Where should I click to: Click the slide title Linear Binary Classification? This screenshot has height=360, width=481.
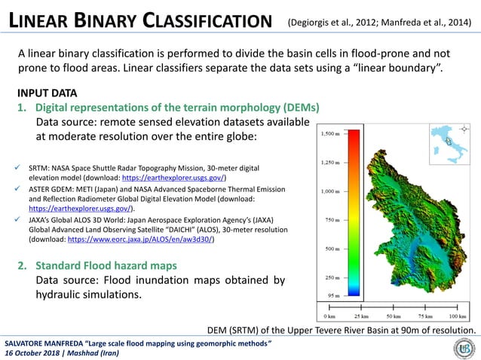coord(139,21)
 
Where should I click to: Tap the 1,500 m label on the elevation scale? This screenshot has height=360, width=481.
coord(329,133)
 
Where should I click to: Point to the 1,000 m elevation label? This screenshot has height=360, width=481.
coord(329,191)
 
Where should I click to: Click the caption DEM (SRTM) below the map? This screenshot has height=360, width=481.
coord(341,330)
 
